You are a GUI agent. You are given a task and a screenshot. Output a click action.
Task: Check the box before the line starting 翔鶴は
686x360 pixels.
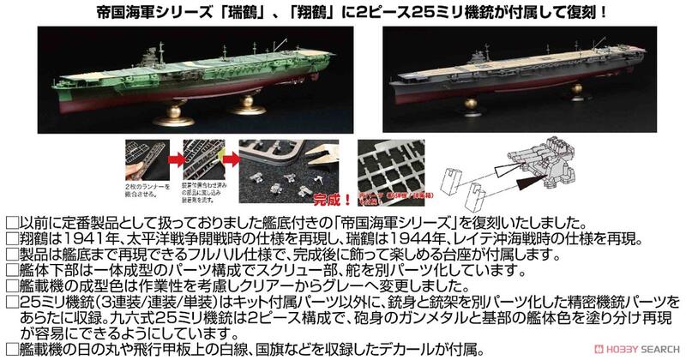click(x=9, y=238)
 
